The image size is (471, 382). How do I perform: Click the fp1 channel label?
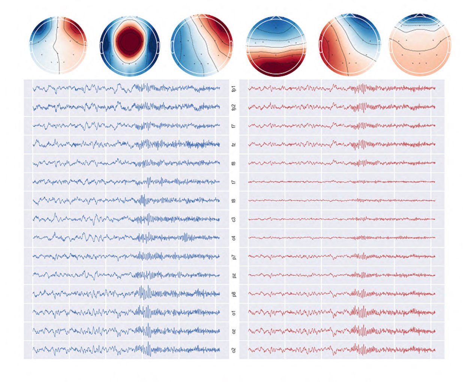tap(234, 89)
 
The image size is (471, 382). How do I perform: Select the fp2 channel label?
tap(234, 107)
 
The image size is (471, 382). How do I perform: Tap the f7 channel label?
tap(234, 126)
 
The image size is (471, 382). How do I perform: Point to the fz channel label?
tap(234, 145)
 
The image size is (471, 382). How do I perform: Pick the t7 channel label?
tap(234, 182)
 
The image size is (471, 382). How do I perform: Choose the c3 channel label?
tap(234, 219)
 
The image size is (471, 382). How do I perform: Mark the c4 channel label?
tap(234, 238)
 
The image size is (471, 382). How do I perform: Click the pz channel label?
tap(234, 275)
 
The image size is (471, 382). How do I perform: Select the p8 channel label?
tap(234, 294)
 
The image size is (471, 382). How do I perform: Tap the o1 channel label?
tap(234, 313)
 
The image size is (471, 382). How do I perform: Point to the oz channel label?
tap(234, 331)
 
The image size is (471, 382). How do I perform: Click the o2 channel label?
tap(234, 350)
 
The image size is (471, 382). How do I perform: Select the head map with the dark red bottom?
tap(276, 46)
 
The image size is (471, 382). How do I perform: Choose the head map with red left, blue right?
tap(349, 45)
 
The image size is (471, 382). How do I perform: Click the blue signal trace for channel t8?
tap(126, 200)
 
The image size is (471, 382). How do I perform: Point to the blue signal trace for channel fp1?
tap(126, 89)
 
